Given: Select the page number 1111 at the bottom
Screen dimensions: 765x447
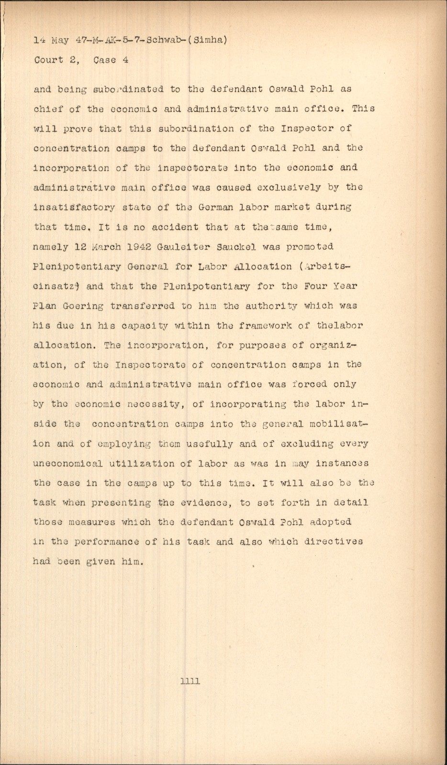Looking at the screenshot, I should tap(190, 681).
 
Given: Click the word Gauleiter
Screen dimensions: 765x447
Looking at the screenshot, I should tap(181, 247).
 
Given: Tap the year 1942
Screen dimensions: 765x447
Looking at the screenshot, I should tap(134, 247).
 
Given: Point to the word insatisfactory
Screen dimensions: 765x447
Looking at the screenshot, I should tap(74, 208).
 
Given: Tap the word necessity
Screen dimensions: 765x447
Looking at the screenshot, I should tap(154, 404).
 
